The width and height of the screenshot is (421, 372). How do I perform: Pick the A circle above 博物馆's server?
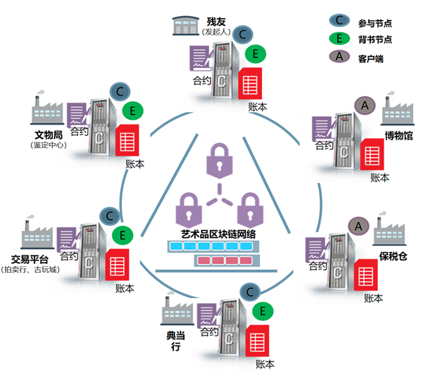pos(364,104)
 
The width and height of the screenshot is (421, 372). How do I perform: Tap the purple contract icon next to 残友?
pos(201,59)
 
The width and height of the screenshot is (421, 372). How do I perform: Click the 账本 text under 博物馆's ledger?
pos(380,177)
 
